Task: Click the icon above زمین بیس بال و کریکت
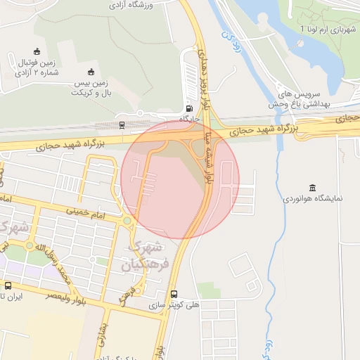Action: click(x=91, y=71)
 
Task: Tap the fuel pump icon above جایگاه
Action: click(x=188, y=108)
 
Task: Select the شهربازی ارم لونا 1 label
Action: click(x=328, y=30)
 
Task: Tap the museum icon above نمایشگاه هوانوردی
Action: click(x=311, y=187)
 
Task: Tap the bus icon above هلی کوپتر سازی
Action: click(x=174, y=295)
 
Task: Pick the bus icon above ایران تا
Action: click(x=8, y=285)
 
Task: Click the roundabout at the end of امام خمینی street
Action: click(x=127, y=221)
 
